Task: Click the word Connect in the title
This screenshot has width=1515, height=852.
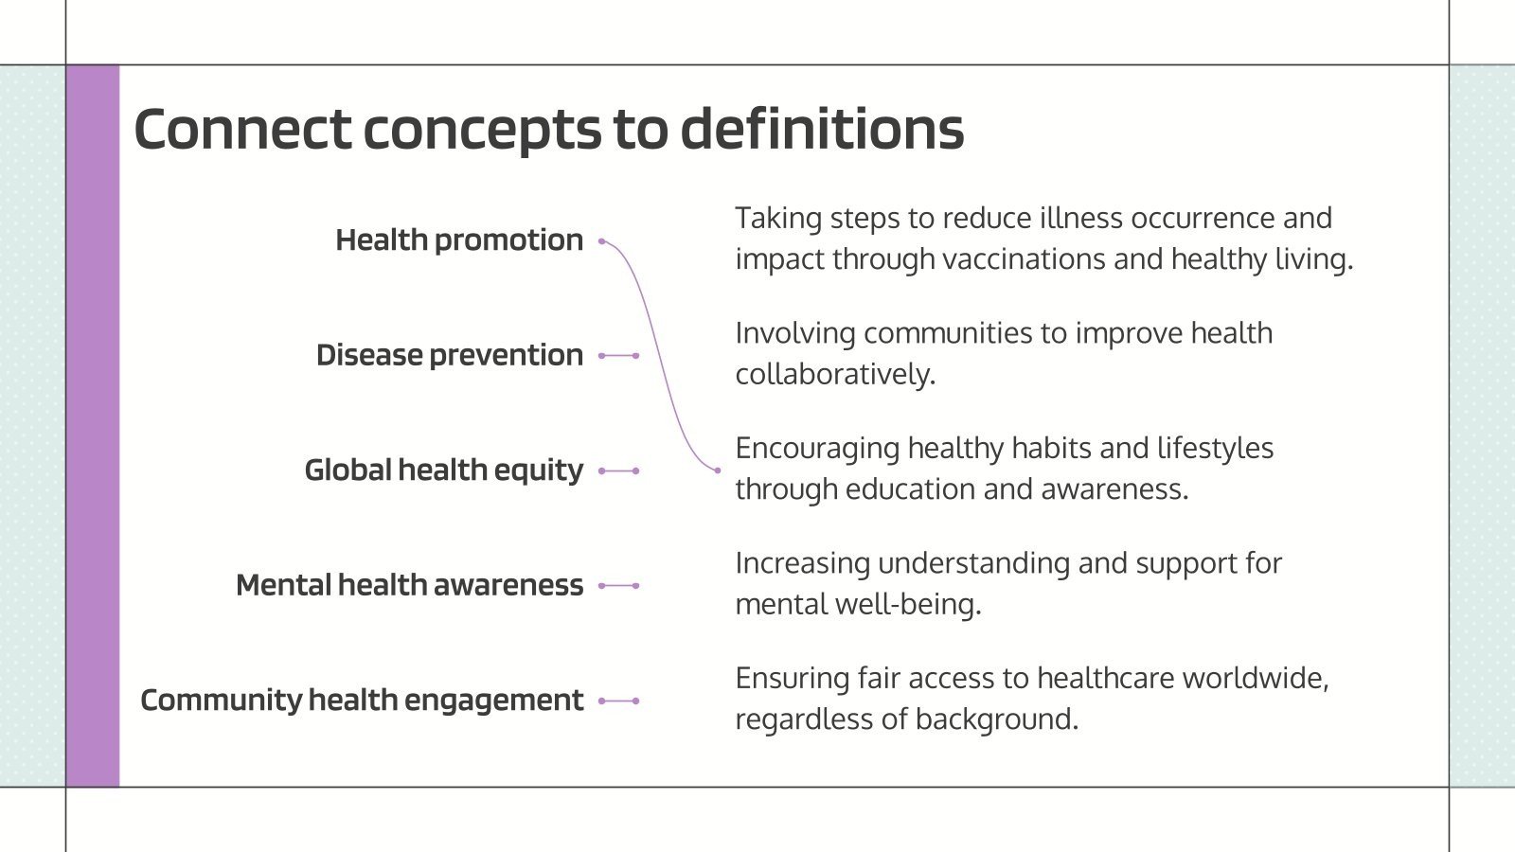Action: point(242,130)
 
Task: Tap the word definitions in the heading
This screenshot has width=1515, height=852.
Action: point(822,130)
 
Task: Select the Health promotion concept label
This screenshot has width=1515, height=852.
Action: point(459,240)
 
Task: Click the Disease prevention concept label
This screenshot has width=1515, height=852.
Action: point(450,355)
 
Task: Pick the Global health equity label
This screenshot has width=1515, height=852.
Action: point(443,470)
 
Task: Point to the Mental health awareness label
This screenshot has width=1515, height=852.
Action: point(409,585)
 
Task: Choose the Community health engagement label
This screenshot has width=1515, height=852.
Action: point(362,701)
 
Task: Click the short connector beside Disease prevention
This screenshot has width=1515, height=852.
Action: point(619,356)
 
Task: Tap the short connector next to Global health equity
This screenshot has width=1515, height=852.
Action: point(619,470)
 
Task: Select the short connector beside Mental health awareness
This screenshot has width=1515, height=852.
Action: point(619,586)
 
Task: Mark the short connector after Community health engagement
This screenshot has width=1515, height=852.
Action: point(619,701)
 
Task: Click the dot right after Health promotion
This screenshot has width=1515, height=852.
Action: point(602,241)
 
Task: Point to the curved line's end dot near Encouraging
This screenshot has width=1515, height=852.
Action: point(717,470)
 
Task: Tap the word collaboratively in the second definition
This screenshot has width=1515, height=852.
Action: point(834,375)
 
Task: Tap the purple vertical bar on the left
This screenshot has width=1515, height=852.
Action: point(93,426)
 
